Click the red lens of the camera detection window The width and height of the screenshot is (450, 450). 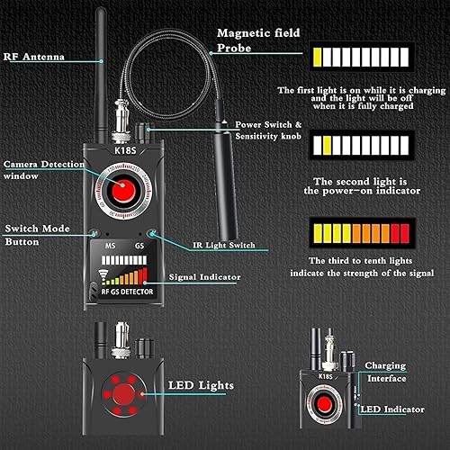[122, 192]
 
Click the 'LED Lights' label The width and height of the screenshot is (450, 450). [202, 386]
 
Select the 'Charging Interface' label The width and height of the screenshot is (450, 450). [385, 372]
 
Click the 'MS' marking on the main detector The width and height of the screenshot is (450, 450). [111, 245]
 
